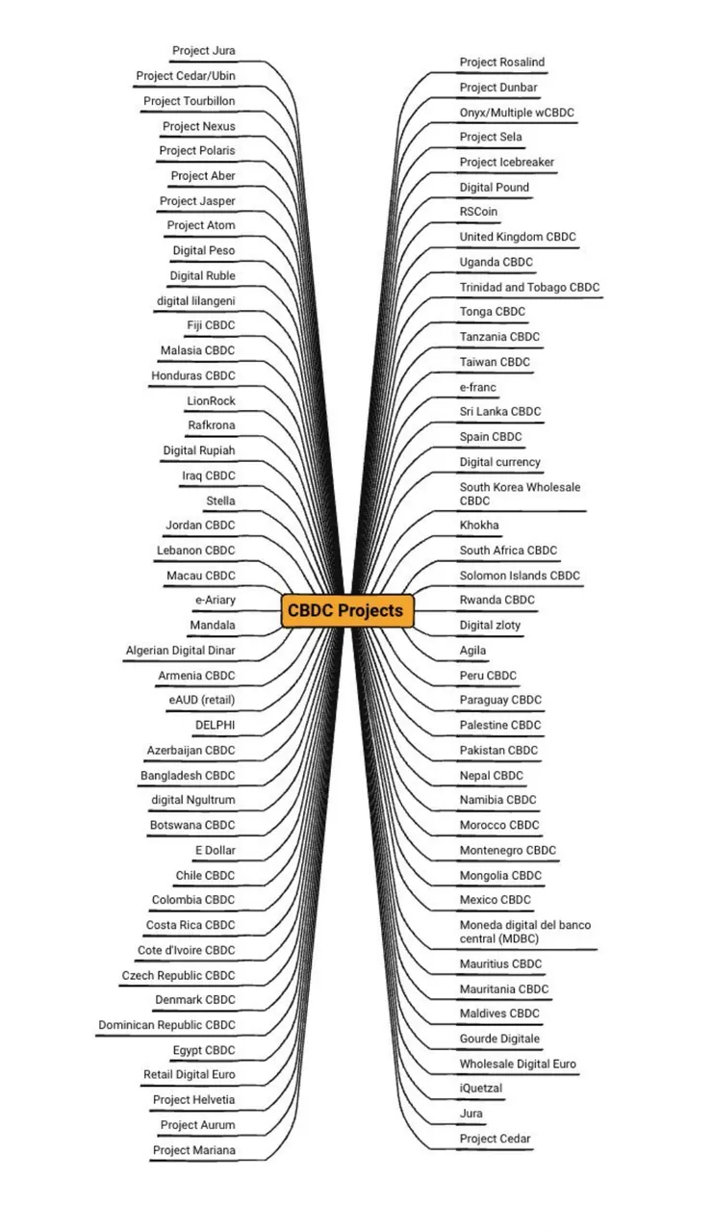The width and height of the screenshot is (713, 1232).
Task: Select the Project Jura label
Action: [x=203, y=51]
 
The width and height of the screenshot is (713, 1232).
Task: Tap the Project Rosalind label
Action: [x=502, y=63]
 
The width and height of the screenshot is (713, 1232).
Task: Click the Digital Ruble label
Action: [x=202, y=275]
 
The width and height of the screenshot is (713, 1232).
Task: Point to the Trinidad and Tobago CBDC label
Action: [x=529, y=287]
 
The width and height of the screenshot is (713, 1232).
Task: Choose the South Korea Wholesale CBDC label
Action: [x=520, y=494]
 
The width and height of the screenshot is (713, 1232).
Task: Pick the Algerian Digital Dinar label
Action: [x=180, y=651]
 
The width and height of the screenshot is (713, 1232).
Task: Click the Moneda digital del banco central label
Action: [x=525, y=932]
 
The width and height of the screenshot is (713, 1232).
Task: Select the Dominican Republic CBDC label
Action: [x=166, y=1025]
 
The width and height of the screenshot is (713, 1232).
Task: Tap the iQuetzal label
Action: [x=480, y=1088]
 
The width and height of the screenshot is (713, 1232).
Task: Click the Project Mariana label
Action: [x=194, y=1150]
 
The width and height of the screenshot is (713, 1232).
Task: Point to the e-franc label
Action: [x=477, y=387]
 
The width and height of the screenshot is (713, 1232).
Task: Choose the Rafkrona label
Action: [x=211, y=425]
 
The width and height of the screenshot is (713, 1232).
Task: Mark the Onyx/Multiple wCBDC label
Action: [x=517, y=113]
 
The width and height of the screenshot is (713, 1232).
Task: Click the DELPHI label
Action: [x=215, y=726]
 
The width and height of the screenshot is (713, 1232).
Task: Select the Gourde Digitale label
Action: [x=499, y=1039]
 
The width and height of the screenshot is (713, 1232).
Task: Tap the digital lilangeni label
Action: [x=195, y=301]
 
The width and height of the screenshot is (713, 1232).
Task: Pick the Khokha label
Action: [x=479, y=525]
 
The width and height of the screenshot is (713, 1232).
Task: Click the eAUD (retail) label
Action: [x=202, y=700]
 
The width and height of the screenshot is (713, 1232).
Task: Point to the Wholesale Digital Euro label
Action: [x=518, y=1064]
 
